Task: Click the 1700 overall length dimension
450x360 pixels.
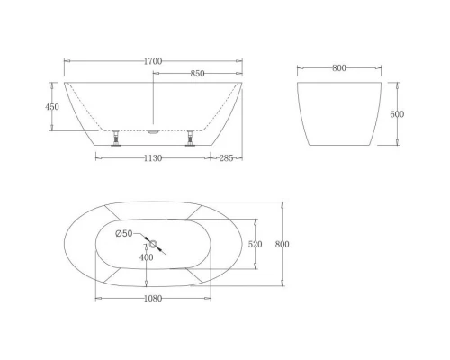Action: (x=153, y=61)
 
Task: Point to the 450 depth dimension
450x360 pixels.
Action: (x=52, y=106)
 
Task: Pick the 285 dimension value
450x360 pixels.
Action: (x=227, y=158)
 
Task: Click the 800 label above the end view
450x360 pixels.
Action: (x=338, y=67)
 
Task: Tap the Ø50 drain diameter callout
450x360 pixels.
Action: (x=124, y=234)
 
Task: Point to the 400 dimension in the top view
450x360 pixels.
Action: (x=146, y=258)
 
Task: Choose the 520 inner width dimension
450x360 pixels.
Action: (x=256, y=244)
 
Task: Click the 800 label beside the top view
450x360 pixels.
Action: (x=281, y=244)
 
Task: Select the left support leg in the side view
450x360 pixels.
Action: (x=115, y=138)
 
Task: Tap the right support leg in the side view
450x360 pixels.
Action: (x=190, y=138)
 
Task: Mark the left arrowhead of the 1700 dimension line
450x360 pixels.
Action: (x=66, y=61)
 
